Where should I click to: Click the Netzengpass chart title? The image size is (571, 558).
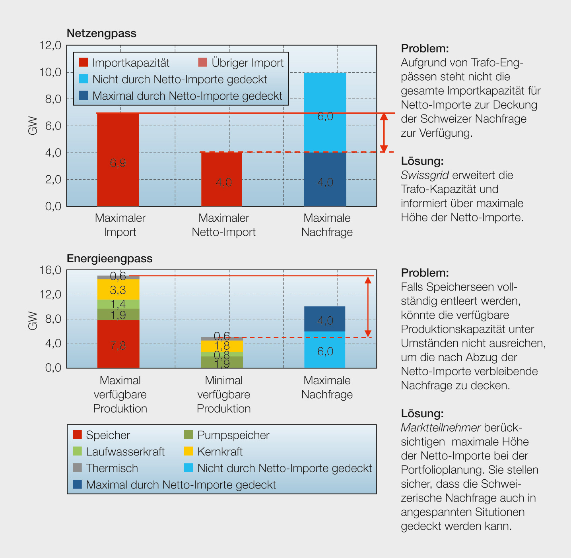[101, 33]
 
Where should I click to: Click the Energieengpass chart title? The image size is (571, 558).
[109, 259]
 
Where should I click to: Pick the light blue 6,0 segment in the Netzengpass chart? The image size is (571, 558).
[325, 112]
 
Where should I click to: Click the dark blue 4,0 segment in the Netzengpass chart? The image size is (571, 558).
[325, 179]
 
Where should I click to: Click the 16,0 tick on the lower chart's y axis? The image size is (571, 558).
[50, 270]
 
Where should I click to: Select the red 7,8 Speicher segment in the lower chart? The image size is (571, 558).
[118, 344]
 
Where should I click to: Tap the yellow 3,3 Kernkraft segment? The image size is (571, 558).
[118, 290]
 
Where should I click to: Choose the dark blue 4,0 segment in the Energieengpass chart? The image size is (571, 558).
[324, 319]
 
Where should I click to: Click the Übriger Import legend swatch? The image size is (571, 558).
[203, 62]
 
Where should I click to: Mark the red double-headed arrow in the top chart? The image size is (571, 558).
[384, 133]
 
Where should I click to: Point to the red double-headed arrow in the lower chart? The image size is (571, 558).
[368, 307]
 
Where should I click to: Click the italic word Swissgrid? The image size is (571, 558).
[425, 175]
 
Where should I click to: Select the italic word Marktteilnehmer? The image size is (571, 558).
[441, 428]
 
